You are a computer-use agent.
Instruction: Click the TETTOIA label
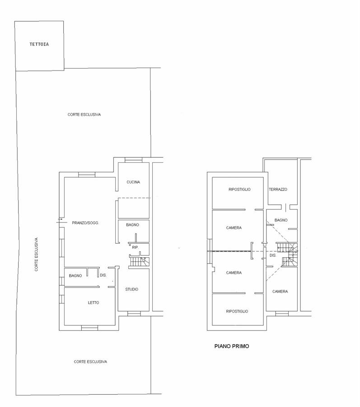[x=39, y=44]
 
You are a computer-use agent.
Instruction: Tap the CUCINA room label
[x=133, y=182]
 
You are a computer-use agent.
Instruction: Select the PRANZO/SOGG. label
[x=85, y=223]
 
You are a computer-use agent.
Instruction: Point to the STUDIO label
[x=131, y=289]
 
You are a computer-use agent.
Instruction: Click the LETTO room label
[x=94, y=303]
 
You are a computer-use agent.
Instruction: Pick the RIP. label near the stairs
[x=136, y=248]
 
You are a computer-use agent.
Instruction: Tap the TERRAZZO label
[x=278, y=190]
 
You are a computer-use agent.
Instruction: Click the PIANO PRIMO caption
[x=232, y=346]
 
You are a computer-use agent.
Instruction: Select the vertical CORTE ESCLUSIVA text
[x=36, y=255]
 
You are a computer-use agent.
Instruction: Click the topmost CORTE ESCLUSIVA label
[x=84, y=114]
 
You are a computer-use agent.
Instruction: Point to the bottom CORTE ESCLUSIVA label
[x=90, y=362]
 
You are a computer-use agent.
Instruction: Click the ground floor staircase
[x=140, y=262]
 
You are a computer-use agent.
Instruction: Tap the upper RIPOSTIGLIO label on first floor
[x=239, y=190]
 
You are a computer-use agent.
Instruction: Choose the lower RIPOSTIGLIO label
[x=237, y=312]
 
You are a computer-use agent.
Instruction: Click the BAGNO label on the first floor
[x=281, y=220]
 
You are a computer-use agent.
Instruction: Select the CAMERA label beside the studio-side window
[x=280, y=292]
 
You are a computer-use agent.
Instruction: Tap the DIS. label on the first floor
[x=273, y=256]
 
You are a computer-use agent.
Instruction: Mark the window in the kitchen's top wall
[x=134, y=160]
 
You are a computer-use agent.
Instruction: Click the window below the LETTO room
[x=90, y=328]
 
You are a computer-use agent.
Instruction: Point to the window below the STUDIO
[x=134, y=314]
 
